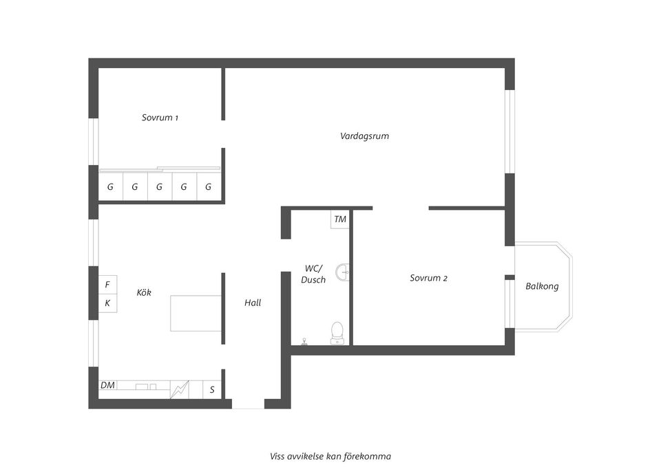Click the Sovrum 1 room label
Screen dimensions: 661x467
(x=160, y=118)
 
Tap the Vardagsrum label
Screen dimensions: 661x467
(x=364, y=136)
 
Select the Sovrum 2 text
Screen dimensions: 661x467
(x=428, y=278)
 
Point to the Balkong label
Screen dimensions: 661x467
(x=542, y=286)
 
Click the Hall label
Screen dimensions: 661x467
(x=253, y=303)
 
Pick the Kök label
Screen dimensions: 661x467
(x=144, y=292)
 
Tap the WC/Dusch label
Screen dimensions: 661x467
(x=313, y=274)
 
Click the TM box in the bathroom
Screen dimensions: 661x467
(x=339, y=219)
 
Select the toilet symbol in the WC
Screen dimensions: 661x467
(x=337, y=333)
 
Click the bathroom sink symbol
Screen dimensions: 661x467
(x=343, y=272)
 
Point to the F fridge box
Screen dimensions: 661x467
(x=107, y=285)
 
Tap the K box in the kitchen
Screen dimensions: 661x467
(x=107, y=303)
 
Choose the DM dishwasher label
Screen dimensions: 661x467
(x=107, y=385)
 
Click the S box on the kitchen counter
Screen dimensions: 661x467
(x=212, y=389)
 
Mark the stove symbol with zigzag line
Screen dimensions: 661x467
(x=180, y=389)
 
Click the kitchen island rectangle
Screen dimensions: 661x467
(x=196, y=314)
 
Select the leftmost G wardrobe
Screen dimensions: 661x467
(x=110, y=186)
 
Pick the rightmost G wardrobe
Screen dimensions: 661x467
(x=208, y=186)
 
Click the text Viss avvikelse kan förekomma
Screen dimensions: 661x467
(x=330, y=456)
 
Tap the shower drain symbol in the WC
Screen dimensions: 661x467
(x=304, y=342)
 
